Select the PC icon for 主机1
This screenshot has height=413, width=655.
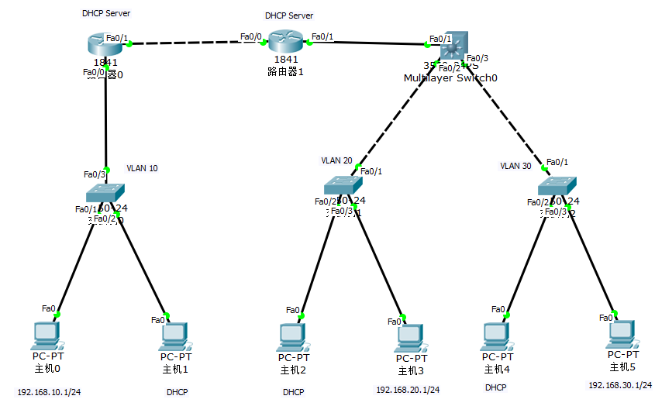tap(174, 336)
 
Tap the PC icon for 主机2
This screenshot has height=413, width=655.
tap(292, 336)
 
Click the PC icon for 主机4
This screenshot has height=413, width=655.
tap(497, 336)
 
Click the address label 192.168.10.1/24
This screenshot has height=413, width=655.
tap(49, 392)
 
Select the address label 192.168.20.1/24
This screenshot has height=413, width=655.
tap(408, 390)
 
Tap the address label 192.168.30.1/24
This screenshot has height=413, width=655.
tap(620, 385)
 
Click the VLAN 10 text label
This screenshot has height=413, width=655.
tap(143, 168)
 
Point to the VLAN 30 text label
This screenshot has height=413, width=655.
tap(516, 166)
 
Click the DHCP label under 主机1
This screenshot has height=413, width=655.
tap(177, 392)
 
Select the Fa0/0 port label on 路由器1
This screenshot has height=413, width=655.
tap(250, 36)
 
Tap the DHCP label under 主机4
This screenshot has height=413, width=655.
tap(496, 387)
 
